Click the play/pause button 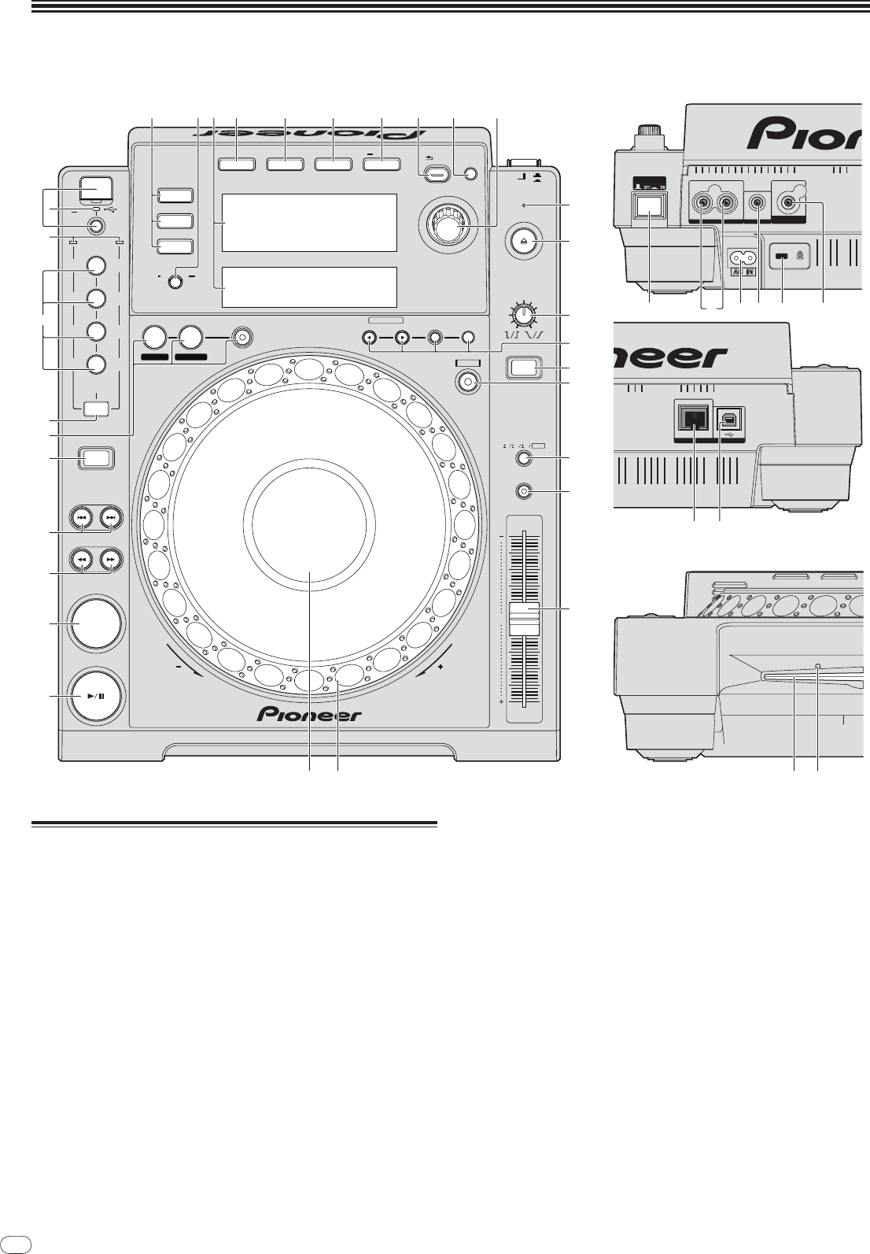(x=95, y=696)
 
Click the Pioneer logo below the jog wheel (x=310, y=714)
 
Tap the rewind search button (x=81, y=560)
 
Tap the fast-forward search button (x=111, y=560)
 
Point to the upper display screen (x=309, y=223)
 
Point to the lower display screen (x=309, y=287)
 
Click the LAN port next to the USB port (x=693, y=419)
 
